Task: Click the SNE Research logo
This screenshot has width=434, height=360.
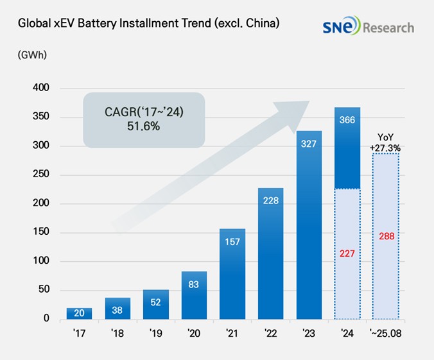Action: (369, 27)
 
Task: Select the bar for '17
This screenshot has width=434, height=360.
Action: (79, 313)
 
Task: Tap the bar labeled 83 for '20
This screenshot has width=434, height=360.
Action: (195, 295)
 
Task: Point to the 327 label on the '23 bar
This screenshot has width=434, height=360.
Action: (309, 143)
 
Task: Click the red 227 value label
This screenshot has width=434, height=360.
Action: (347, 254)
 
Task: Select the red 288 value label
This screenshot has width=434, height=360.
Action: (386, 236)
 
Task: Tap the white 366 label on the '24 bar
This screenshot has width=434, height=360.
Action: (347, 119)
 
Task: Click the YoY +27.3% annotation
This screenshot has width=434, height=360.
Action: (385, 142)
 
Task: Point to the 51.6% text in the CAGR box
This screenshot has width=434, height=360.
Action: (143, 126)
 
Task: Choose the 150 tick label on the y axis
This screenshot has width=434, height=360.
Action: (40, 232)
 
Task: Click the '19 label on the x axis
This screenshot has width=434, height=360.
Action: (156, 334)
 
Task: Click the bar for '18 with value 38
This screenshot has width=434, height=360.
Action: (117, 308)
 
